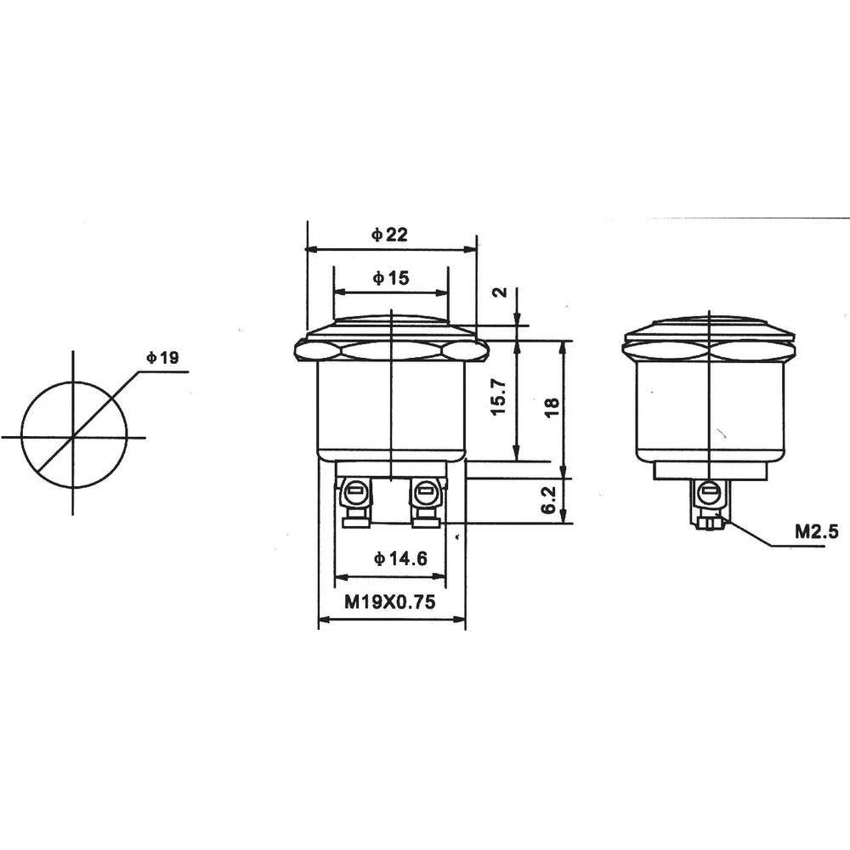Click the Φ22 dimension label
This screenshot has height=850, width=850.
click(389, 235)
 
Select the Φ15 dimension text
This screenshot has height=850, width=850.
click(390, 277)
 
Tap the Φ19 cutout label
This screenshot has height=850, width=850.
click(161, 359)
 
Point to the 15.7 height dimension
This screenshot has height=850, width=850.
click(499, 397)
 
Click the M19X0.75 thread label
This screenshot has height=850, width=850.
click(390, 603)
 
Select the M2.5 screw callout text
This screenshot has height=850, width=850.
click(816, 532)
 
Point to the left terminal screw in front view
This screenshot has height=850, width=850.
click(355, 490)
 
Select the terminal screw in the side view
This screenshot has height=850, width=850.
click(707, 490)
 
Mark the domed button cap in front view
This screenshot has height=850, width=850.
click(390, 324)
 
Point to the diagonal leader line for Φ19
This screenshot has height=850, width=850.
click(102, 408)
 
